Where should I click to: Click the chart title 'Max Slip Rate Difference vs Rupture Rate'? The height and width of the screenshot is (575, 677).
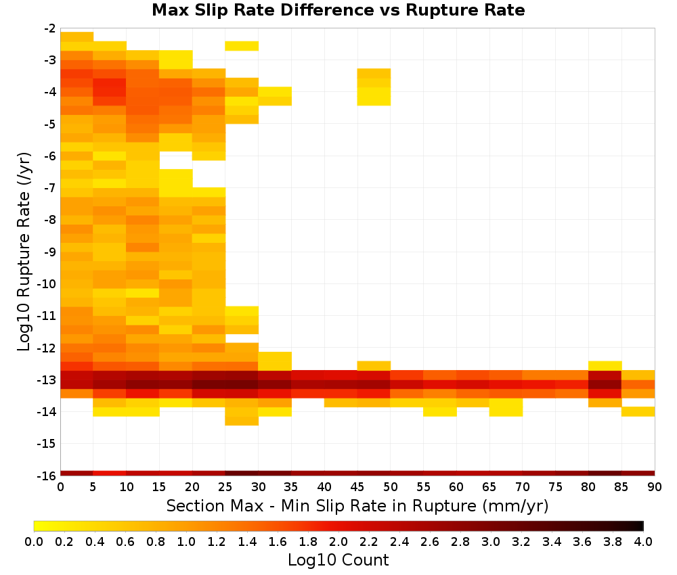pos(338,10)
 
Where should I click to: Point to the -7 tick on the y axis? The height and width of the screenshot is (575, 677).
pos(50,188)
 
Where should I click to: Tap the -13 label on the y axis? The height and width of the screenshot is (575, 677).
pos(48,380)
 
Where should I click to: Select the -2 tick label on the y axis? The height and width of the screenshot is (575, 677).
pos(50,28)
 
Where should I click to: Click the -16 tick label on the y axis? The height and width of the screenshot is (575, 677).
pos(48,476)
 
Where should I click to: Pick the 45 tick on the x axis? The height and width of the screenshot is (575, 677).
pos(357,487)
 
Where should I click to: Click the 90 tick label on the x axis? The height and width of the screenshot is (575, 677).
pos(655,487)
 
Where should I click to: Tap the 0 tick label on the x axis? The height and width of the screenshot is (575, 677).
pos(60,487)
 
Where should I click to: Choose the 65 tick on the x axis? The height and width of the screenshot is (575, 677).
pos(489,487)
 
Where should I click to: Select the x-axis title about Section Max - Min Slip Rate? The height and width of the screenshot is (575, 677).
pos(357,505)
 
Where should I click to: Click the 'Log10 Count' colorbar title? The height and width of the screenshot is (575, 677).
pos(338,560)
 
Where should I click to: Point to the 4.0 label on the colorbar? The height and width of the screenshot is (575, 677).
pos(643,541)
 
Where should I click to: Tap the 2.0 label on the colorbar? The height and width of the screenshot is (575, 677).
pos(338,541)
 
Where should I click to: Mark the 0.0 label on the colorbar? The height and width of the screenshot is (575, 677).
pos(34,541)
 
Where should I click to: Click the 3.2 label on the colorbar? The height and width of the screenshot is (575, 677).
pos(521,541)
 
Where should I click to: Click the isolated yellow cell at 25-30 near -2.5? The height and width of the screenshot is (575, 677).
pos(242,46)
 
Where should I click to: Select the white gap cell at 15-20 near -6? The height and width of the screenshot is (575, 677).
pos(176,160)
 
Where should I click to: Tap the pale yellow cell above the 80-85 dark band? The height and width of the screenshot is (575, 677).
pos(605,366)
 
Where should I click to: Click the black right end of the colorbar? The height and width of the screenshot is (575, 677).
pos(640,526)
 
